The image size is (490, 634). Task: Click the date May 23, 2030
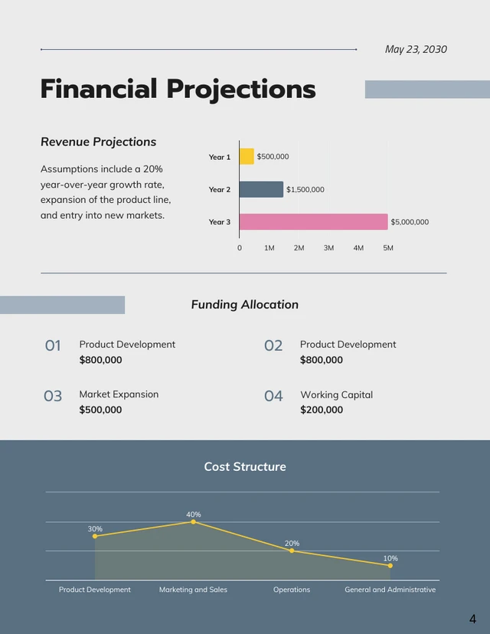tap(416, 49)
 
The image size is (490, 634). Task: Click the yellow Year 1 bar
tap(247, 156)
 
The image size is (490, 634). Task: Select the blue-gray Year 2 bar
tap(261, 189)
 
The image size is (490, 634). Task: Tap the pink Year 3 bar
tap(313, 222)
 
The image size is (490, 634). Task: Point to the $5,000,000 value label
tap(410, 222)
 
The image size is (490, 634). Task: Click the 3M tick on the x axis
tap(328, 248)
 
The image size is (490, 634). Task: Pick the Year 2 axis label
tap(219, 189)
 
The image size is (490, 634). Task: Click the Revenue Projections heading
tap(98, 142)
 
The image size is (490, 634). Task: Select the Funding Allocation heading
tap(244, 304)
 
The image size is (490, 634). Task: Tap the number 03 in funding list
tap(53, 396)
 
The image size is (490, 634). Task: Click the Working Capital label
tap(336, 394)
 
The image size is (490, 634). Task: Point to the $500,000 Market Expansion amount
tap(100, 410)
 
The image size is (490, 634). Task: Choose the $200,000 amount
tap(321, 410)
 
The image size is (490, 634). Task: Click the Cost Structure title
tap(245, 466)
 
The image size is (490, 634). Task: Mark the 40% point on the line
tap(193, 521)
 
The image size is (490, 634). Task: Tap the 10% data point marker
tap(390, 565)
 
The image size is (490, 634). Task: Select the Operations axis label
tap(292, 590)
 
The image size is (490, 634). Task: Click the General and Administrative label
tap(390, 590)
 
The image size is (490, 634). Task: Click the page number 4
tap(472, 619)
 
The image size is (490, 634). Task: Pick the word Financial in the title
tap(99, 90)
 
